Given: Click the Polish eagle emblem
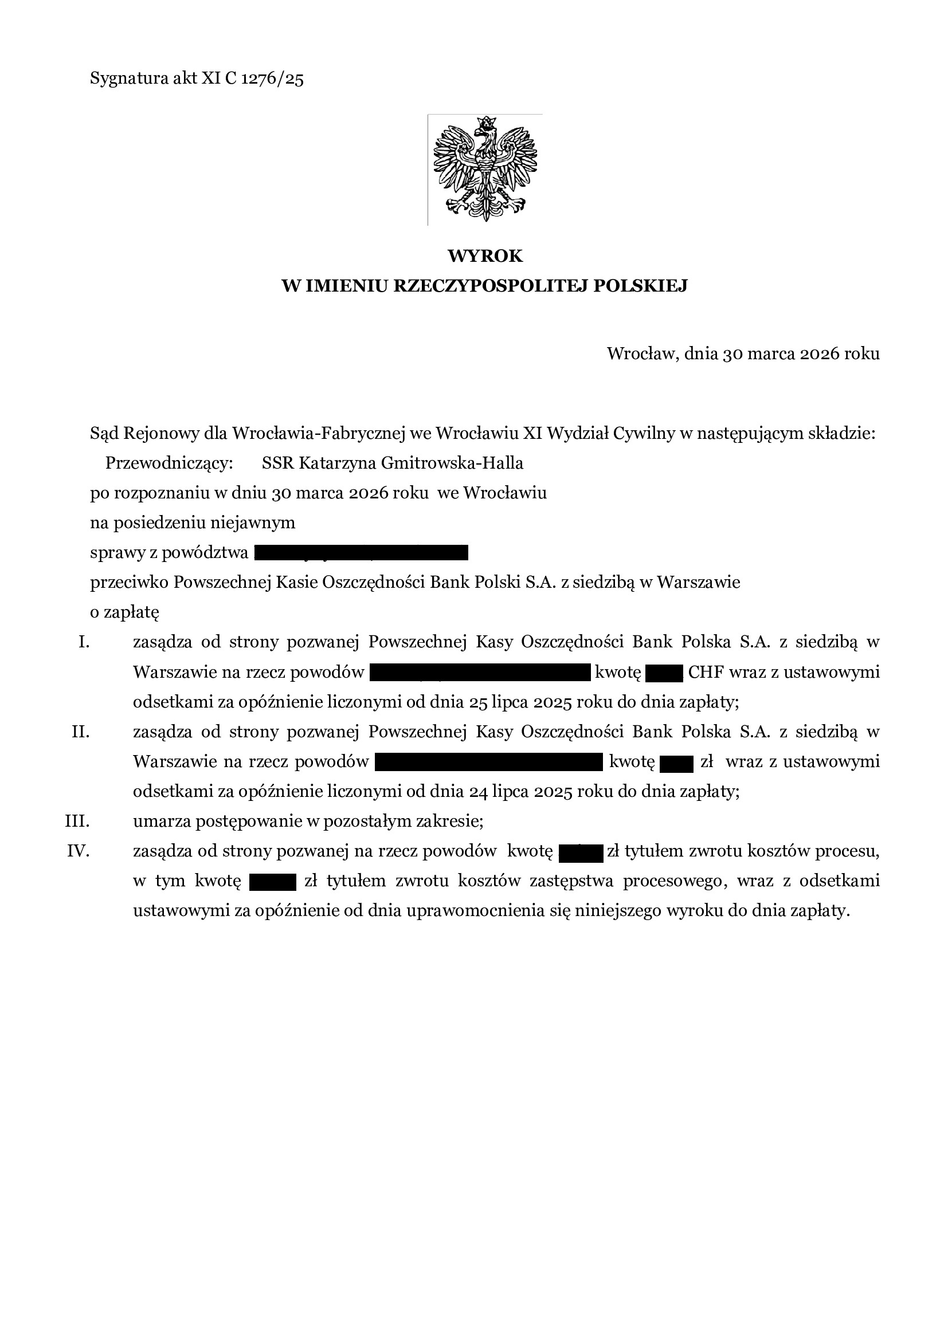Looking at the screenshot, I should point(484,169).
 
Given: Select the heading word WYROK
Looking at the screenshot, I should point(484,256).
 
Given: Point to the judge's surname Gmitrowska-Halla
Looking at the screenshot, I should point(451,463).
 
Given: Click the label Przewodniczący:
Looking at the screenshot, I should point(169,463).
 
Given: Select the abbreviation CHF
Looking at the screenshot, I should point(705,673).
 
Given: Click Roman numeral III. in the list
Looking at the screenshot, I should point(77,821).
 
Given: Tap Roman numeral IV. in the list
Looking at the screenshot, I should point(78,851).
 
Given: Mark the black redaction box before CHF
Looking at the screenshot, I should point(664,674).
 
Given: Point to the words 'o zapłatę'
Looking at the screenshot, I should point(124,612).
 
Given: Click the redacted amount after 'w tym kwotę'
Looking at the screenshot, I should point(273,881).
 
